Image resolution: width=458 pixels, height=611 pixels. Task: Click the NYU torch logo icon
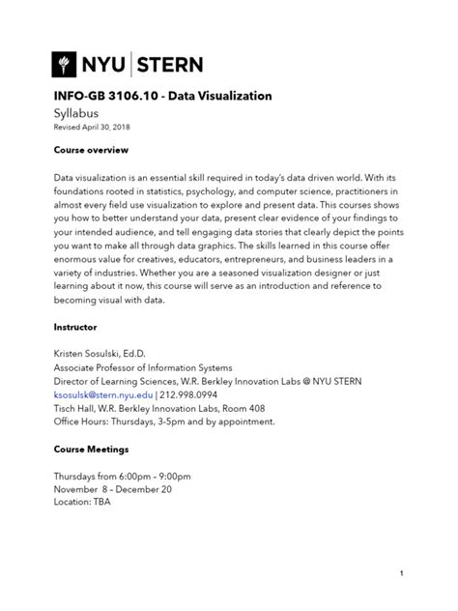pos(67,65)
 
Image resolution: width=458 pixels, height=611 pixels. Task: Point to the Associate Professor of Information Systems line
pos(142,367)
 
